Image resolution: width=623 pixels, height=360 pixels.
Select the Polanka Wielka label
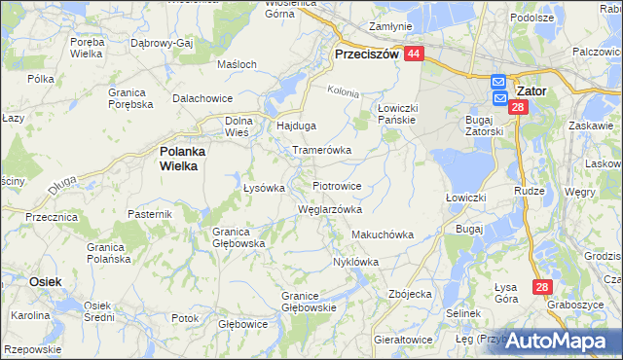click(178, 159)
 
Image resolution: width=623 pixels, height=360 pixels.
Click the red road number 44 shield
click(414, 55)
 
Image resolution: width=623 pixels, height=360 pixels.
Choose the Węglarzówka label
click(329, 209)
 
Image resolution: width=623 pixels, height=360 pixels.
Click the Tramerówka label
click(321, 151)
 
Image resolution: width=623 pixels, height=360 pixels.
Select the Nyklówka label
click(355, 262)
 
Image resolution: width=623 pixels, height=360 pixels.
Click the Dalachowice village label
click(202, 99)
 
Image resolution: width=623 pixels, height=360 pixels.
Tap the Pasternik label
click(149, 212)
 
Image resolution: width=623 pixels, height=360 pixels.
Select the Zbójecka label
click(409, 293)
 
